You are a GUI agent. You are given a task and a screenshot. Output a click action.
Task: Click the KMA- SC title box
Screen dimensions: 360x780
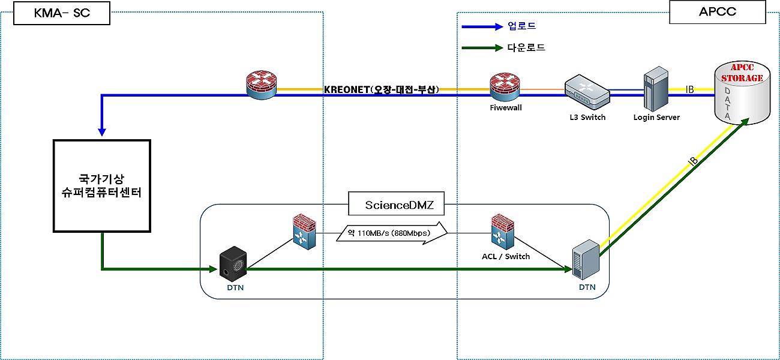tap(62, 13)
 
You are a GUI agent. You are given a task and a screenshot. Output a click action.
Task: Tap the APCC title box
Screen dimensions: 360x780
tap(717, 12)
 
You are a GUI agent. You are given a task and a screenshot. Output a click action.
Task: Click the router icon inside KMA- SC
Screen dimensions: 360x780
tap(262, 85)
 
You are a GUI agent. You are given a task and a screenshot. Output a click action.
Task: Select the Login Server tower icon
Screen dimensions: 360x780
tap(655, 89)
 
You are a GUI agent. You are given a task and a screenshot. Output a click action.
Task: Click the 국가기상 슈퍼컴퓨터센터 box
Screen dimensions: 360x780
tap(102, 186)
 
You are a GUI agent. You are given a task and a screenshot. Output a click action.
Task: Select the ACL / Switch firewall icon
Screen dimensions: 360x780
tap(502, 232)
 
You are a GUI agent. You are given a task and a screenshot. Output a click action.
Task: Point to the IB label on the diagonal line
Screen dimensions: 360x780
tap(692, 161)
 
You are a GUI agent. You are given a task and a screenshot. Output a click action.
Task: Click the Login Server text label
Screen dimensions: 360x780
tap(656, 118)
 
